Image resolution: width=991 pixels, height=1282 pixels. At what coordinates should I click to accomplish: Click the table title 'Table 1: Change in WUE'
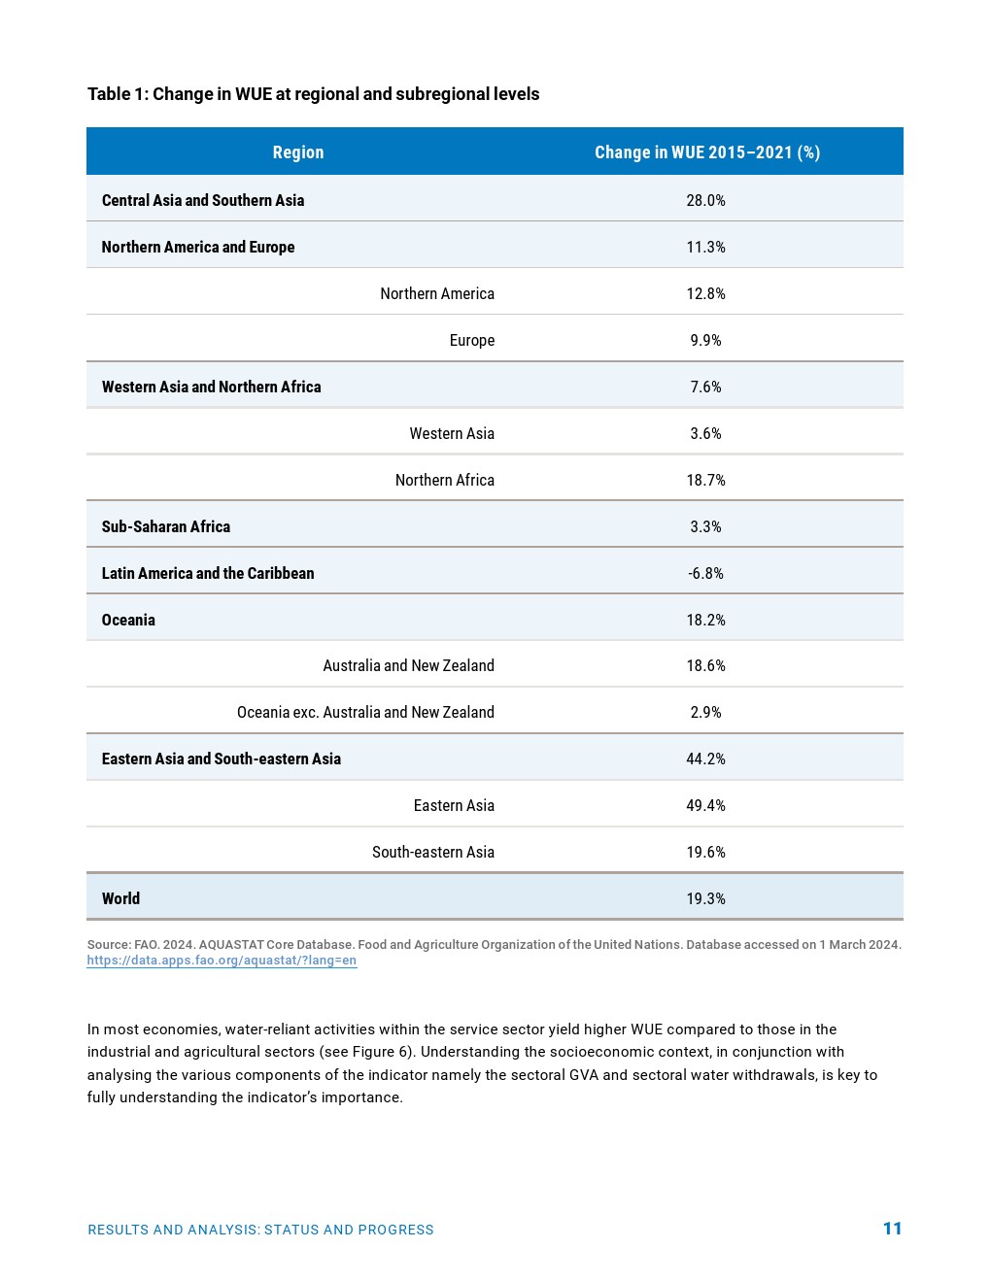(313, 94)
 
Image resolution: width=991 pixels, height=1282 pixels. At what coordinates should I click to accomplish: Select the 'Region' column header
(298, 152)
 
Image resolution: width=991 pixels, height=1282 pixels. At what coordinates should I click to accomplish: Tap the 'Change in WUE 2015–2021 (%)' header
(706, 152)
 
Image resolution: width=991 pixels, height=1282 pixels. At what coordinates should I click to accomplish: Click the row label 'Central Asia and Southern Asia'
(203, 200)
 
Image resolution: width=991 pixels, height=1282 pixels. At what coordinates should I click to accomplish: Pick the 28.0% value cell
(705, 200)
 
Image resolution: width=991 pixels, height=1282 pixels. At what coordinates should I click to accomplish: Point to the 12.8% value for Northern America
(705, 293)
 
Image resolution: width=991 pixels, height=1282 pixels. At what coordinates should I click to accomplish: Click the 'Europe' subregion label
(472, 340)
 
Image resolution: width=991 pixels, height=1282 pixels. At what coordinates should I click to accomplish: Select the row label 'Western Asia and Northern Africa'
(211, 387)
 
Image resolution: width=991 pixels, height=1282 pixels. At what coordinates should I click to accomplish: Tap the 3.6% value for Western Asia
(705, 433)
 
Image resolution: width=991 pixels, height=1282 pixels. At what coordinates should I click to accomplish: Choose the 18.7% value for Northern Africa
(705, 480)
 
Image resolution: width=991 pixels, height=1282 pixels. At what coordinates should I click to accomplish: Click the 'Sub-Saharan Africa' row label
(166, 526)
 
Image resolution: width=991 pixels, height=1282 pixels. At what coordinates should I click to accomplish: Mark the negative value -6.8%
(705, 573)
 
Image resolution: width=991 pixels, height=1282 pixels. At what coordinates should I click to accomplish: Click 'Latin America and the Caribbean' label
(208, 573)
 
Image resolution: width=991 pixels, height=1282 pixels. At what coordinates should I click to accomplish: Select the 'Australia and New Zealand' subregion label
(408, 665)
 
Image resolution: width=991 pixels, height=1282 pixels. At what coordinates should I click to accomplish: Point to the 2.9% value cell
(705, 712)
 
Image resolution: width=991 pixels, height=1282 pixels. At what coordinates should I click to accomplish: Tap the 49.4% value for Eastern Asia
(705, 805)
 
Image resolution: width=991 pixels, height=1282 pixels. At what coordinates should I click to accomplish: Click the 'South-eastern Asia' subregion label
(433, 852)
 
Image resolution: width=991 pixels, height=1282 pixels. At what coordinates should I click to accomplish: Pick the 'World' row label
(120, 898)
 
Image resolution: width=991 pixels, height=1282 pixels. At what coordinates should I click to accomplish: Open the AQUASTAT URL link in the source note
(222, 961)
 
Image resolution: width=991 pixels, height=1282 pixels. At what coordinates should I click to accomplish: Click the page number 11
(892, 1229)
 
